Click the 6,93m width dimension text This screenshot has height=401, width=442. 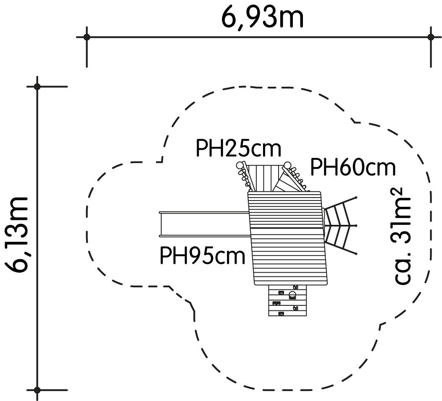262,18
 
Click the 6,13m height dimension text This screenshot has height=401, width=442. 16,235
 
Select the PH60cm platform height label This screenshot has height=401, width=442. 353,168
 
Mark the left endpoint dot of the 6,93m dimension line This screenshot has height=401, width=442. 87,37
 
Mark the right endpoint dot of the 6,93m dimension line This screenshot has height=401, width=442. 430,37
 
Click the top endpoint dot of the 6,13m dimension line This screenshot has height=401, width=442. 37,86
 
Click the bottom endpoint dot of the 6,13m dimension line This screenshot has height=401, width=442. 37,390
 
